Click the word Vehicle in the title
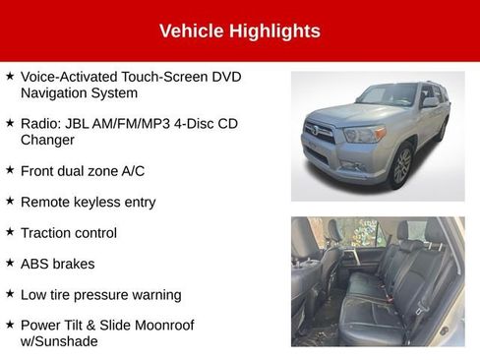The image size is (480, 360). tap(191, 30)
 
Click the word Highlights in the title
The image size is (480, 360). tap(274, 30)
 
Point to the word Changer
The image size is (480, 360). tap(49, 140)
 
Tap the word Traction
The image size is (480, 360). tap(45, 233)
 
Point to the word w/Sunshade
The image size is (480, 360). tap(59, 340)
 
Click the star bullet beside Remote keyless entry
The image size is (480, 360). tap(9, 201)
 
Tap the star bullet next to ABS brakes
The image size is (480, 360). tap(9, 263)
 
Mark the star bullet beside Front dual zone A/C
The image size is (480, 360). tap(9, 170)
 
